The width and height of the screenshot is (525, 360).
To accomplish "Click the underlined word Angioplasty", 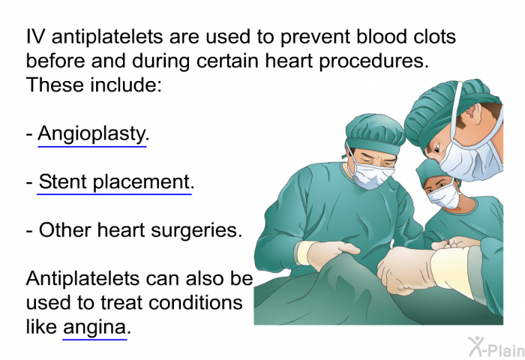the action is (92, 134).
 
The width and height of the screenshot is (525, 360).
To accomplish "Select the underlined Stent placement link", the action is (115, 182).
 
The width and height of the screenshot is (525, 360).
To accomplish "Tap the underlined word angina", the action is (94, 328).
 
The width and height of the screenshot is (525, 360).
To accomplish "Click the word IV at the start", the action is (35, 36).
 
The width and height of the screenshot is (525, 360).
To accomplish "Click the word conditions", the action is (195, 303).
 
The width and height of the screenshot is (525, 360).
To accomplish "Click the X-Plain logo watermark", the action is (496, 347).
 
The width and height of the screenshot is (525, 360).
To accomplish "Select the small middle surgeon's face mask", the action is (444, 196).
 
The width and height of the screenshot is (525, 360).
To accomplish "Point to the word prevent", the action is (314, 37).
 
